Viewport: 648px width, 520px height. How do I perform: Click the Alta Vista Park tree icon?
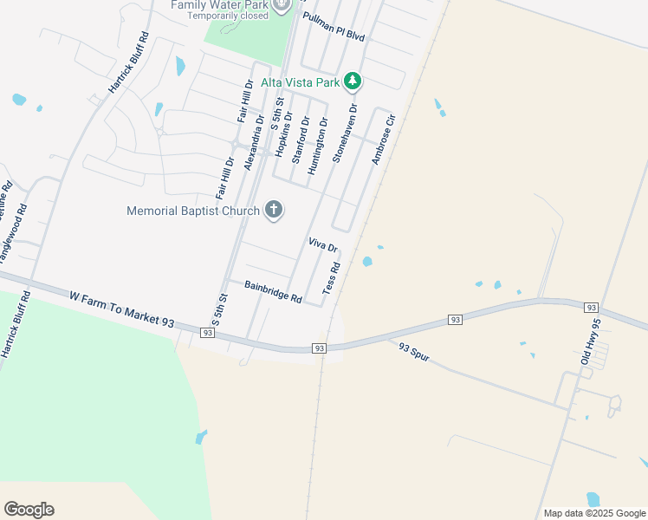[352, 82]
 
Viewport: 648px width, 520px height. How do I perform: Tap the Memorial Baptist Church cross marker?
[274, 210]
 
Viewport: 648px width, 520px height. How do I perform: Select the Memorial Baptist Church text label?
[192, 211]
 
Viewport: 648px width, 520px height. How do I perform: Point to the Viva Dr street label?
[321, 246]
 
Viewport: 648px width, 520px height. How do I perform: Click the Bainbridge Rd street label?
[272, 292]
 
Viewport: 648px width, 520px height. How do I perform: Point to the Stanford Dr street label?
[299, 140]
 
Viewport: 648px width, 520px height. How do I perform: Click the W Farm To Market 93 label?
[122, 309]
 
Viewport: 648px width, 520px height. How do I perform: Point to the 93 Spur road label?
[415, 353]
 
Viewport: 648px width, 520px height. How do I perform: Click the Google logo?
[29, 510]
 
